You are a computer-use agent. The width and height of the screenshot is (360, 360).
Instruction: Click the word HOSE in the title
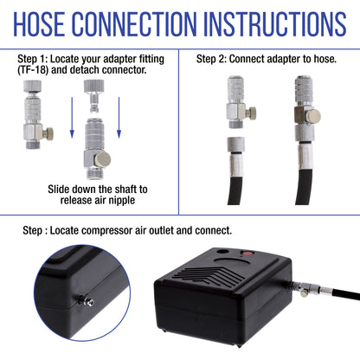tap(39, 24)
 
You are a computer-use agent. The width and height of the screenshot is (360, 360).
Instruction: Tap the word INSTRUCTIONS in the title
tap(277, 24)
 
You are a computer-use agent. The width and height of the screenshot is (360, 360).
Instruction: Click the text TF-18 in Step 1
tap(33, 70)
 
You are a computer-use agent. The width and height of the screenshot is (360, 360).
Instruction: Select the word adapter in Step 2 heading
tap(284, 60)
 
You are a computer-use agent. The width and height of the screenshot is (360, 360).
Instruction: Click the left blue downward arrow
tap(72, 118)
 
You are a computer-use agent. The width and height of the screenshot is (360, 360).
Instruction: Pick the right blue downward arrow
tap(119, 118)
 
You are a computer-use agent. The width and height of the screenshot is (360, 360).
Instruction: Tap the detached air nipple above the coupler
tap(93, 96)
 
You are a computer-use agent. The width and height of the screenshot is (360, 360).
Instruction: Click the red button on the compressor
tap(247, 254)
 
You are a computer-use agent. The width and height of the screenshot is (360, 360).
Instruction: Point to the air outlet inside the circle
tap(87, 301)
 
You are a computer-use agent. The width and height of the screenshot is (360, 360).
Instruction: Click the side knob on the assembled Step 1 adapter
tap(48, 133)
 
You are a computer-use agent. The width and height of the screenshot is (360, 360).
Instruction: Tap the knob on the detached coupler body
tap(103, 159)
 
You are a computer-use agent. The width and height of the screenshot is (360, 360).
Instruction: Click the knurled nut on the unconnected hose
tap(236, 145)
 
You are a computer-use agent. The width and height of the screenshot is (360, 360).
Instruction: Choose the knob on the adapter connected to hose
tap(313, 116)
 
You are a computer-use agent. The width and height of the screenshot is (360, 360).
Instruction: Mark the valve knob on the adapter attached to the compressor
tap(303, 293)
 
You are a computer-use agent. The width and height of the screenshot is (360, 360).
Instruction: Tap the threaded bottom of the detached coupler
tap(95, 173)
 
